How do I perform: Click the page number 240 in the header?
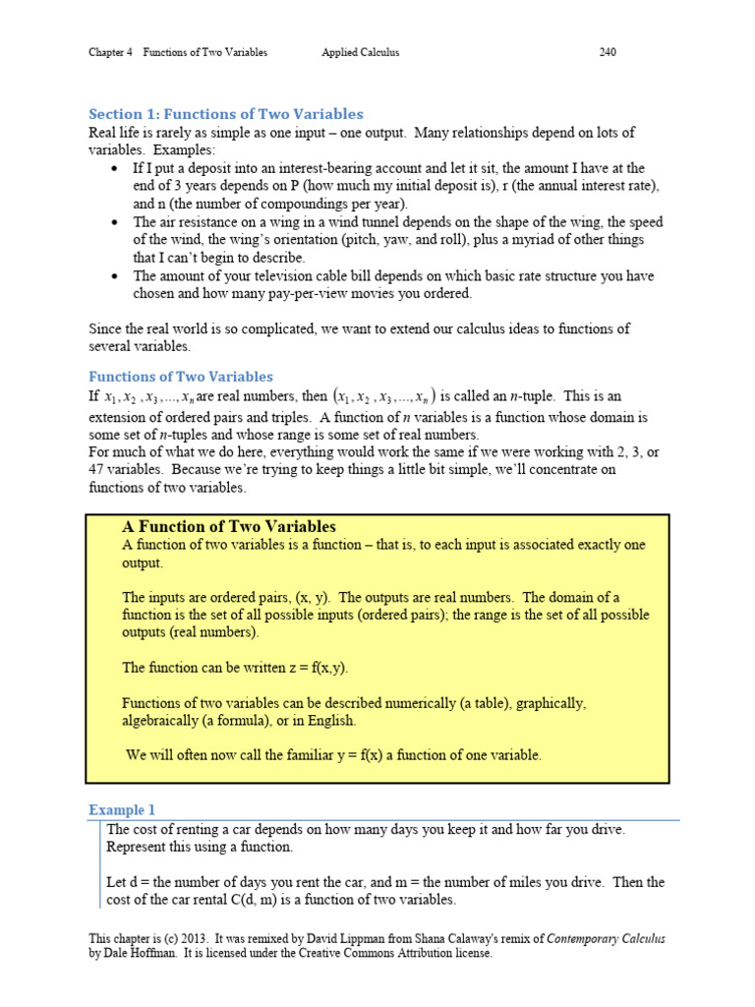click(x=608, y=52)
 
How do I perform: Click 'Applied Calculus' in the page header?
click(x=360, y=52)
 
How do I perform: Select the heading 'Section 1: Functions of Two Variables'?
click(x=226, y=114)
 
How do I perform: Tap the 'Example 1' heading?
click(x=122, y=810)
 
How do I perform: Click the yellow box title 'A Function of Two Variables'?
click(x=229, y=527)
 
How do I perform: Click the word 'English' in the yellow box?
click(x=330, y=721)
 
